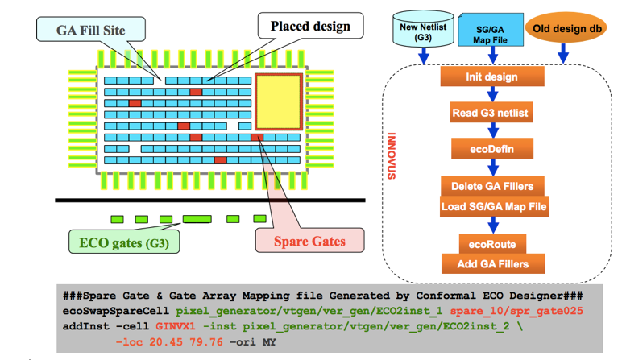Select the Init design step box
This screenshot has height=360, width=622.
click(491, 77)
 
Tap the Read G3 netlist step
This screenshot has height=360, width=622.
click(491, 113)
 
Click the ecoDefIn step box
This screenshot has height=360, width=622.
click(491, 148)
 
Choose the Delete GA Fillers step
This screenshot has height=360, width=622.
click(491, 185)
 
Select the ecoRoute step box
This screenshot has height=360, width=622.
click(491, 242)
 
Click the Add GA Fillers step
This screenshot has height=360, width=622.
click(491, 263)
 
